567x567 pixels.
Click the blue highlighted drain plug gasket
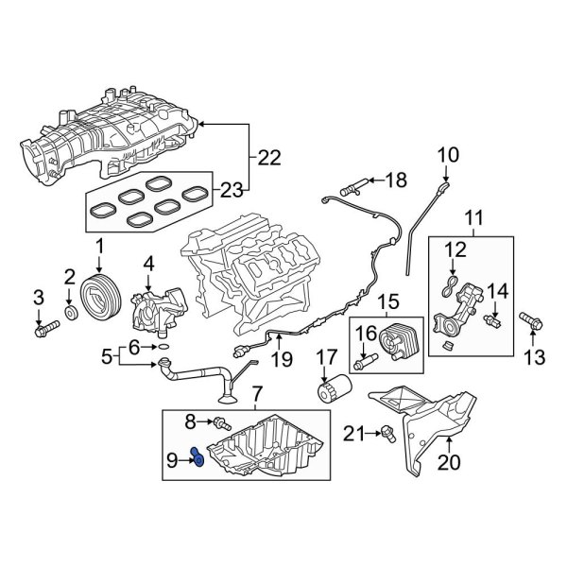(199, 458)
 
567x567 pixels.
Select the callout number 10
(447, 153)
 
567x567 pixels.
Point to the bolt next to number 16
(363, 362)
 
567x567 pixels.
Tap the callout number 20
(448, 463)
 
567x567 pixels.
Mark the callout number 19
(280, 359)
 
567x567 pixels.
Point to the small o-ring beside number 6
(163, 348)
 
